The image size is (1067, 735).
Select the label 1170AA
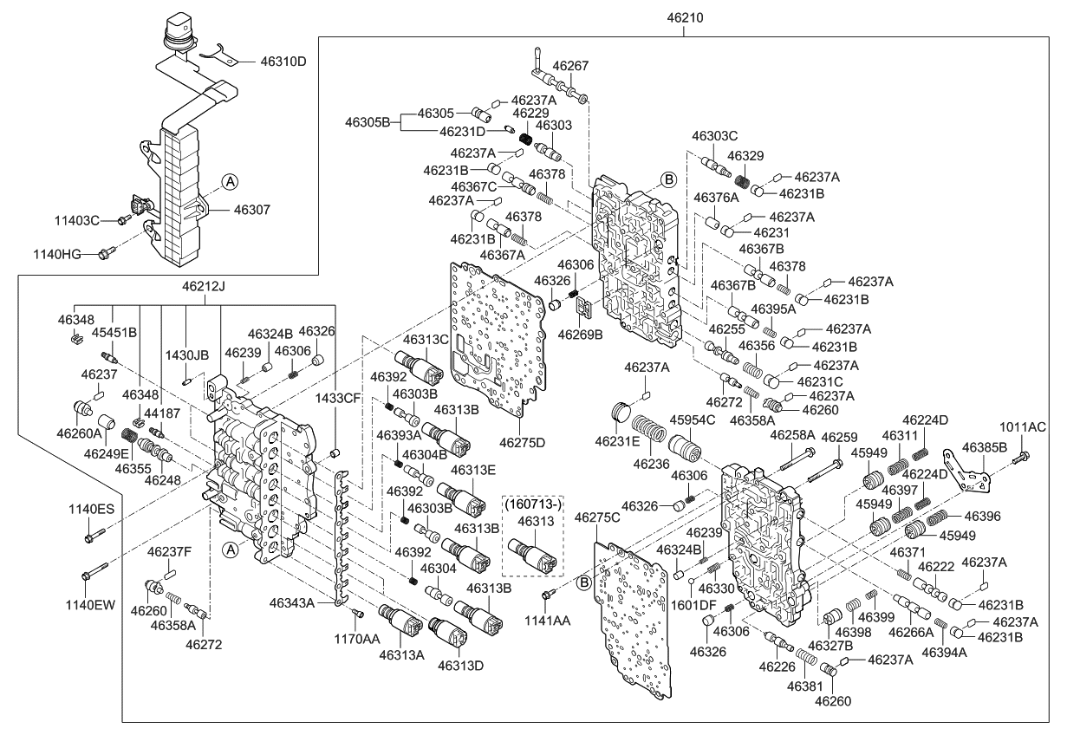359,639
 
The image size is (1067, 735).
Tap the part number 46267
570,65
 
